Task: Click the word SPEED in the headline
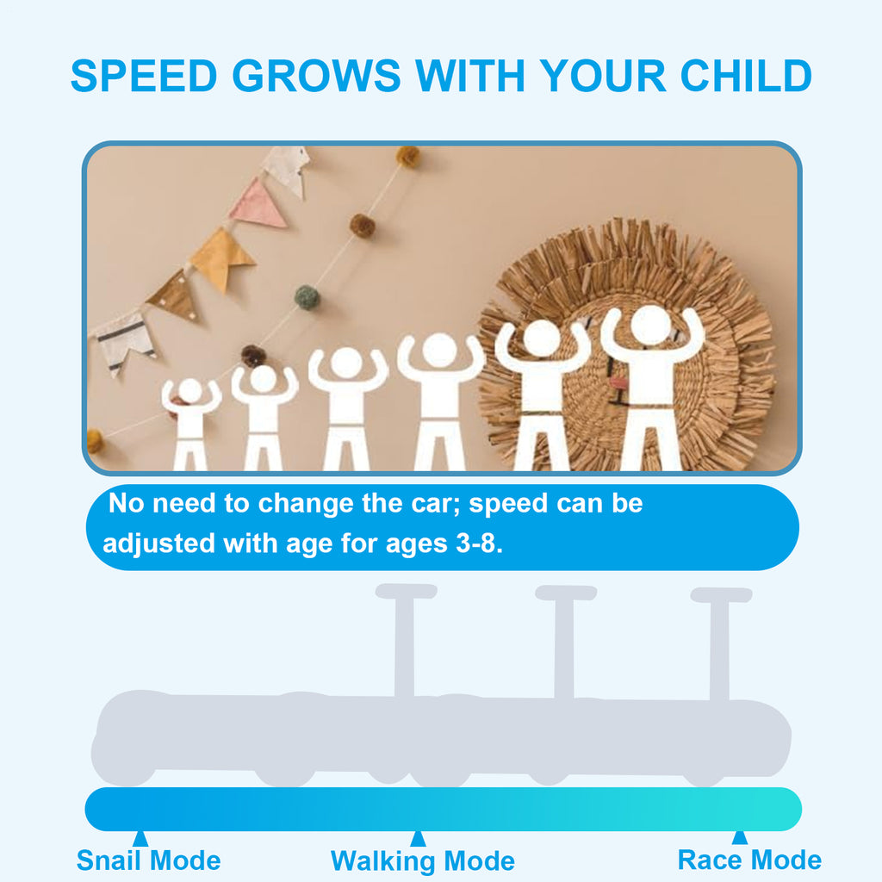tap(144, 76)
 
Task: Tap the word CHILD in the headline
tap(746, 76)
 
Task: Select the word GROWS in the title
tap(316, 76)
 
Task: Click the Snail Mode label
tap(148, 860)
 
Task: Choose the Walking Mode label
tap(422, 861)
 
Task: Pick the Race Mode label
tap(749, 860)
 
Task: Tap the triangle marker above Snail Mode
tap(140, 838)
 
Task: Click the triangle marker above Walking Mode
tap(418, 838)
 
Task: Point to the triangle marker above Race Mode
tap(740, 837)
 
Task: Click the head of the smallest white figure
tap(190, 390)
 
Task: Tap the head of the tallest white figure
tap(651, 325)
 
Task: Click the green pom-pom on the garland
tap(307, 297)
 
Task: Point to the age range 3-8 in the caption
tap(479, 543)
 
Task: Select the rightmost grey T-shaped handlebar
tap(721, 644)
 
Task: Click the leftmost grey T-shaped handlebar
tap(405, 641)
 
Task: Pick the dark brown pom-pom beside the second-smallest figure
tap(253, 356)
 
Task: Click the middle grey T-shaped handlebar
tap(565, 643)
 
